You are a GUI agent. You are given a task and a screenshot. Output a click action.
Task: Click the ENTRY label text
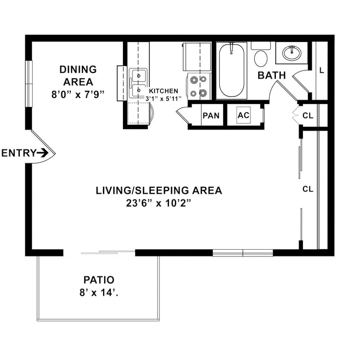click(x=18, y=153)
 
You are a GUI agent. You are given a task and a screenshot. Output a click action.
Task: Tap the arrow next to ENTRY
click(x=43, y=153)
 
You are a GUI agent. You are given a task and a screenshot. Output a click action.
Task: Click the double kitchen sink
click(x=138, y=83)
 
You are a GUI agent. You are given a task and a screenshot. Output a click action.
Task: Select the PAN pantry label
click(x=211, y=116)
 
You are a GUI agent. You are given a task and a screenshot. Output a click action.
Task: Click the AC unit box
click(x=244, y=116)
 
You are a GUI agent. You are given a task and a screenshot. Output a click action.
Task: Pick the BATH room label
click(x=271, y=75)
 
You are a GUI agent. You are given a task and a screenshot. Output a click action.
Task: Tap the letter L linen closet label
click(x=321, y=70)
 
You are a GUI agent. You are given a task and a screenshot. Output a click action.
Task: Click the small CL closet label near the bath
click(x=308, y=116)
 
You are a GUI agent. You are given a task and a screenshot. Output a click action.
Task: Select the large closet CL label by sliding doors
click(x=308, y=189)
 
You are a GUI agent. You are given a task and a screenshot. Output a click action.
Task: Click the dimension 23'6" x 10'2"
click(x=158, y=203)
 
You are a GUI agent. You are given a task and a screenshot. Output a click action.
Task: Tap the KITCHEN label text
click(x=163, y=91)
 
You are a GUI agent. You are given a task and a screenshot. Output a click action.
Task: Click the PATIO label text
click(x=99, y=280)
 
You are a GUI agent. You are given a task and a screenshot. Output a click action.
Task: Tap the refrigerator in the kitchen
click(x=197, y=56)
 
